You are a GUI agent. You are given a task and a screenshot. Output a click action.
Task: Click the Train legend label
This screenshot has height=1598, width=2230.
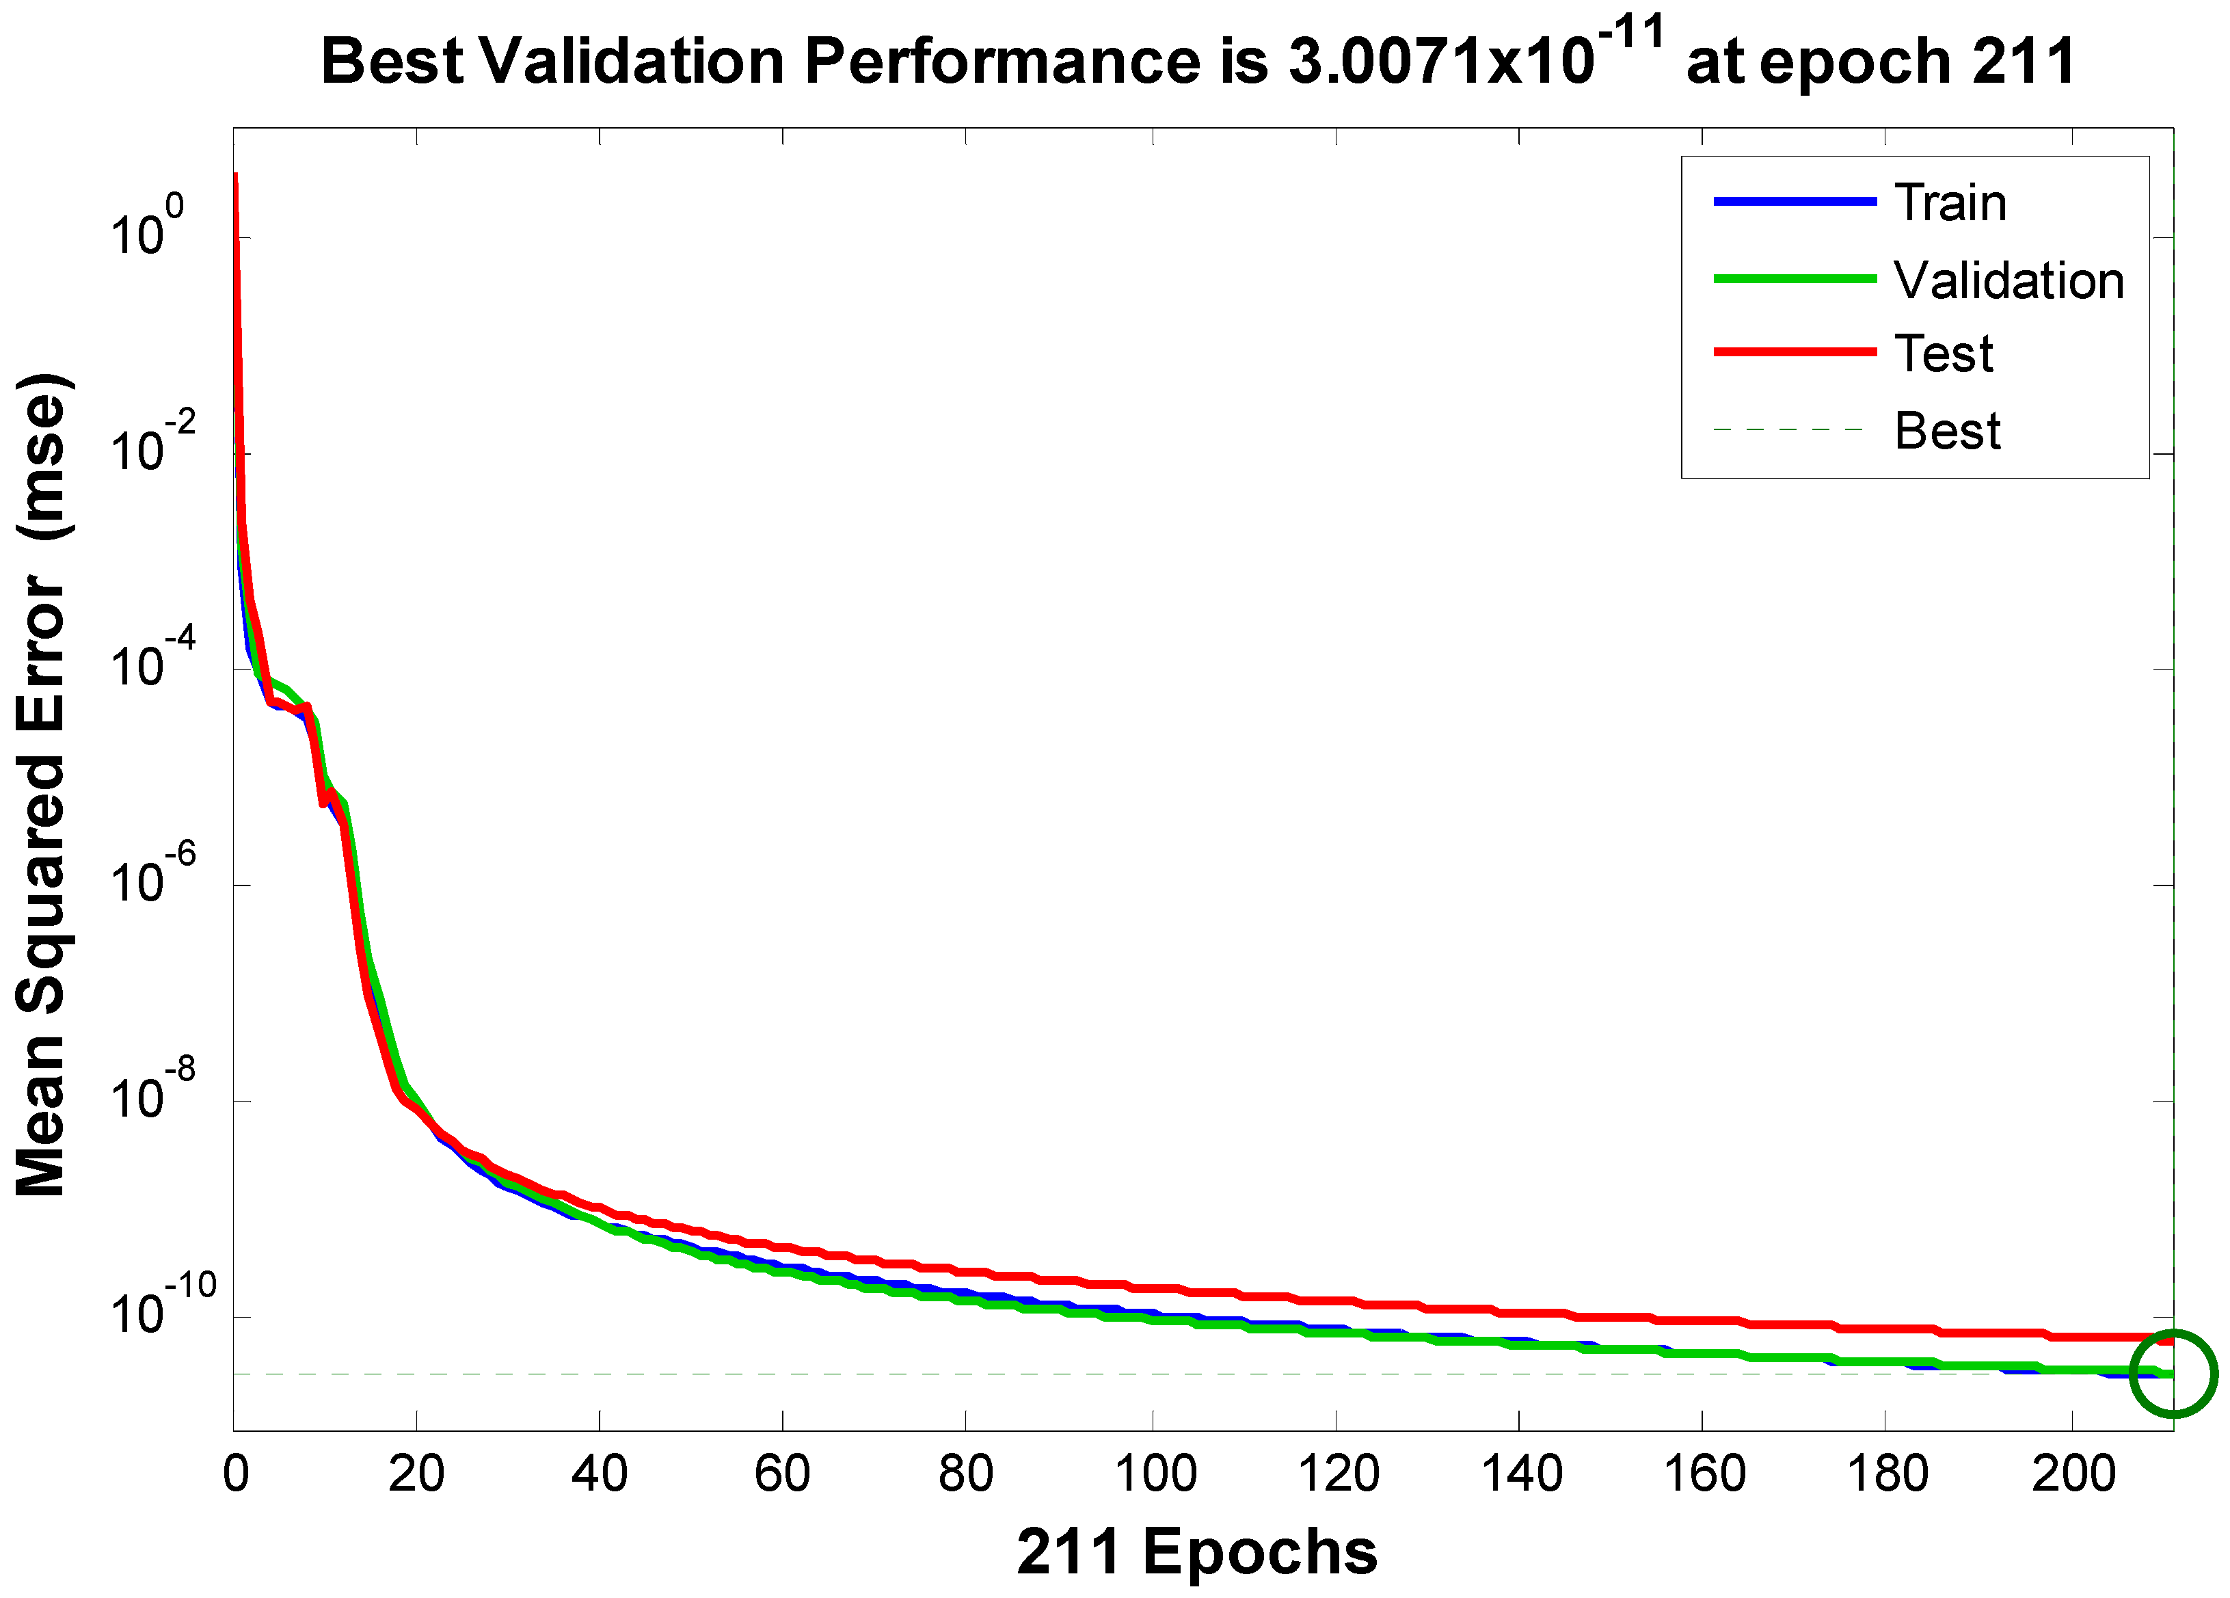point(1950,204)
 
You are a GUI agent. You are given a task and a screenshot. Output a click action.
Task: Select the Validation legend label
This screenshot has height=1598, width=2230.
point(2009,281)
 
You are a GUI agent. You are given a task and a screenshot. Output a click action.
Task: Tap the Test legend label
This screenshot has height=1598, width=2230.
point(1944,354)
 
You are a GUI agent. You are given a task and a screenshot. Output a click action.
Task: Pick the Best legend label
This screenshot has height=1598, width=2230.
point(1947,431)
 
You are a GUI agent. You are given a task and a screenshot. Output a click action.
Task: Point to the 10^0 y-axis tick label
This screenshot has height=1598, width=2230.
point(146,228)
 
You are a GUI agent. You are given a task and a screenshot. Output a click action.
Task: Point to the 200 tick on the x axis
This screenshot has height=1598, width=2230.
point(2073,1473)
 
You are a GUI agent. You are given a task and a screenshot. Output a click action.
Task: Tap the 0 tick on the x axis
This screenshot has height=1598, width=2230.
point(236,1473)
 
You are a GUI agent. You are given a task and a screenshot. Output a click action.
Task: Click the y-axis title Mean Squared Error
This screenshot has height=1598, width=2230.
point(41,787)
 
